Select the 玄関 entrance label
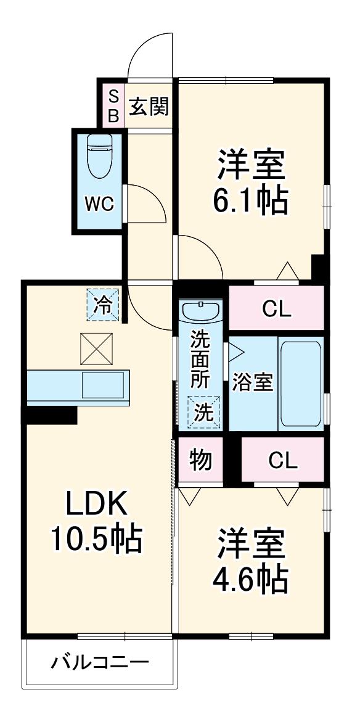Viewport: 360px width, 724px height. click(x=149, y=107)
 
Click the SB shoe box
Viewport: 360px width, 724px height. click(x=113, y=105)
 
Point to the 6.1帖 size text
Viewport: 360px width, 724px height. click(x=251, y=201)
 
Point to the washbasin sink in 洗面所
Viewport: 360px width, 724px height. click(x=201, y=311)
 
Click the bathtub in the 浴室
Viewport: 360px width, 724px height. click(x=300, y=384)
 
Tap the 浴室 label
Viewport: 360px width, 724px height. click(x=253, y=383)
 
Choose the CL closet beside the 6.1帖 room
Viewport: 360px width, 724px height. click(x=277, y=308)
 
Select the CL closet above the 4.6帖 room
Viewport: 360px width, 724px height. click(x=284, y=460)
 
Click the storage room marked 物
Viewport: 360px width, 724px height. click(x=200, y=460)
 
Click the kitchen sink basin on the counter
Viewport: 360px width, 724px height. click(x=103, y=385)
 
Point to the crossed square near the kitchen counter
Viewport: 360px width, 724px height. click(x=97, y=348)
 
